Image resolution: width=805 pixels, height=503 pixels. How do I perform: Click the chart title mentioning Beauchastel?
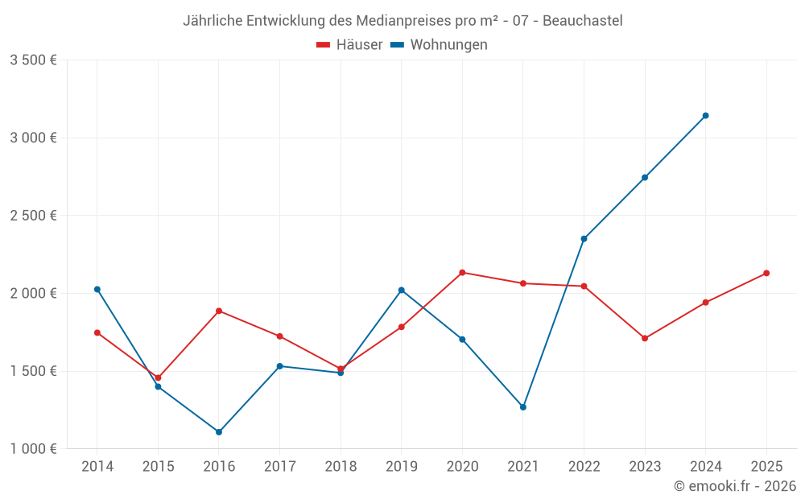[402, 20]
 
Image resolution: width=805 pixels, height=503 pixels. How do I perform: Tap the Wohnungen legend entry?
[440, 45]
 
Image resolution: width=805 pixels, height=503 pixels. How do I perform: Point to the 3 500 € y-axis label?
[33, 60]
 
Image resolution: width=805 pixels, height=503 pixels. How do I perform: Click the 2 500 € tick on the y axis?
[33, 216]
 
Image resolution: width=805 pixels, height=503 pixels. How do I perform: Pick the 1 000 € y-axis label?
[33, 449]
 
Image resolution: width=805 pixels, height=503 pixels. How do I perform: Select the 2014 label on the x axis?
[97, 466]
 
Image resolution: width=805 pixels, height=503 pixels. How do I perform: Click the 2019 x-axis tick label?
[401, 466]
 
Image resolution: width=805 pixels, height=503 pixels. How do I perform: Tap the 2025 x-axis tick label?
[766, 466]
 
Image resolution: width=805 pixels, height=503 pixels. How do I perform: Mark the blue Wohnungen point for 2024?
[705, 116]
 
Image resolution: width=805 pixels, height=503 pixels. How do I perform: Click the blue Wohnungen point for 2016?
[219, 432]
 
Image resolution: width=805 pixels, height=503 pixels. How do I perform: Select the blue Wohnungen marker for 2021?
[523, 407]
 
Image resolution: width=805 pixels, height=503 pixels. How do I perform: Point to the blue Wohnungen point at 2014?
[97, 290]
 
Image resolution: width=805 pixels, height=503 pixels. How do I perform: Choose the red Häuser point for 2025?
[766, 274]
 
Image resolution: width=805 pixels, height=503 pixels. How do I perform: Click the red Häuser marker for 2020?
[462, 273]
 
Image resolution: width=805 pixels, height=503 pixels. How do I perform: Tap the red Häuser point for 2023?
[645, 339]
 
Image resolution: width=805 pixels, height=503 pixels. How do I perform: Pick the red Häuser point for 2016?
[219, 311]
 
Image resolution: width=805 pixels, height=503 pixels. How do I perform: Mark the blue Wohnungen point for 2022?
[584, 239]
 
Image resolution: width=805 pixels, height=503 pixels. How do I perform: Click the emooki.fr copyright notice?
[734, 486]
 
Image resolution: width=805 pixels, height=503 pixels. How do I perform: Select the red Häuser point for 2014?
[97, 333]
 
